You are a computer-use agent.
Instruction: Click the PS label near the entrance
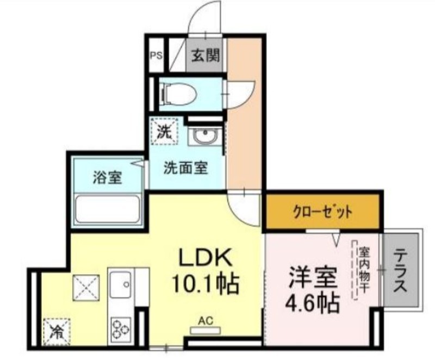coord(156,56)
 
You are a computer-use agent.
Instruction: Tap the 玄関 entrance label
coord(206,55)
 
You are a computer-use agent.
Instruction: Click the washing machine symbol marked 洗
coord(164,131)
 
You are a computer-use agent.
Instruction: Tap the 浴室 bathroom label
coord(107,177)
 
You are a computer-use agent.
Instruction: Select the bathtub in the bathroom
coord(108,209)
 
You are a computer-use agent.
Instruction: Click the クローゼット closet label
coord(322,213)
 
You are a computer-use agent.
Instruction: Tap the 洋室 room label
coord(314,278)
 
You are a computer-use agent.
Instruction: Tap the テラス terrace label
coord(400,270)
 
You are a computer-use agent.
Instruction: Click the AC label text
coord(206,321)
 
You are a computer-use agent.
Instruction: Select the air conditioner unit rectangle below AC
coord(206,330)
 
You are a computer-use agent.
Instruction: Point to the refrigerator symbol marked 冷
coord(57,332)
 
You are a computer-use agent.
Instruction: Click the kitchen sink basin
coord(121,284)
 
